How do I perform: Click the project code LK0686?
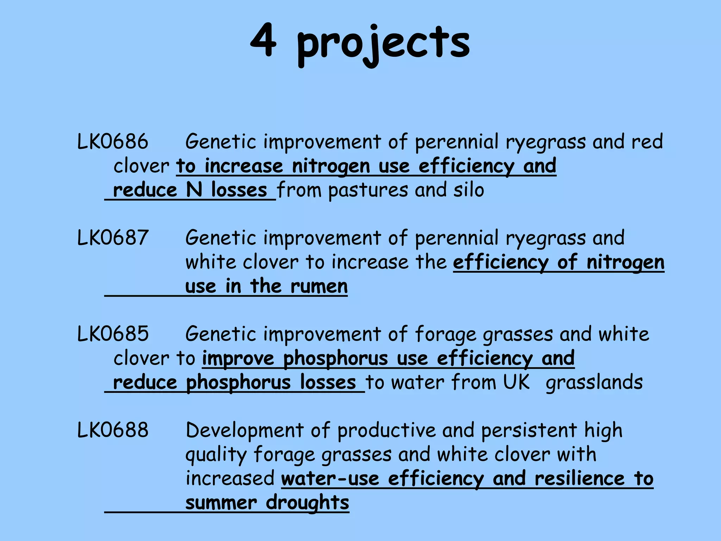click(x=113, y=142)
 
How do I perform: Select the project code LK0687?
click(x=113, y=238)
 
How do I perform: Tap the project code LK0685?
click(x=113, y=334)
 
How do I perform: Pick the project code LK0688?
click(x=113, y=430)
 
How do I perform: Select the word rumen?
click(x=319, y=286)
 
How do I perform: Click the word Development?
click(x=245, y=430)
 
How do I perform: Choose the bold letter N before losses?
click(x=194, y=190)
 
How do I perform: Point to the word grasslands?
click(x=594, y=383)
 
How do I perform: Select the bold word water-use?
click(x=330, y=479)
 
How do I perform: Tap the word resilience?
click(x=579, y=479)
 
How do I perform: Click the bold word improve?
click(x=238, y=359)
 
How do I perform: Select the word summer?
click(x=221, y=503)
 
